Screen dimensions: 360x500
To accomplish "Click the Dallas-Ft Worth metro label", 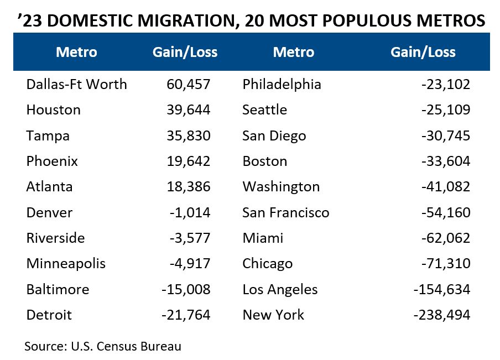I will (x=76, y=85).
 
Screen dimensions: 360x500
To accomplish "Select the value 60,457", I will (x=188, y=85).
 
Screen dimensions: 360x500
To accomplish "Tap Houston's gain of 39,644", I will (x=188, y=110).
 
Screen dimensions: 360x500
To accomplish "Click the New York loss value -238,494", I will (x=441, y=315).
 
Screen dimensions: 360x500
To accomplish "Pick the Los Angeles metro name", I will (x=280, y=290).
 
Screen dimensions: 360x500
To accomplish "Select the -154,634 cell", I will (x=441, y=290).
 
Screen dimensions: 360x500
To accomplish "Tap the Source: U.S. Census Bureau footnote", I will (x=102, y=347).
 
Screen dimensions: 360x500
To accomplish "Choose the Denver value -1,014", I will (x=190, y=213).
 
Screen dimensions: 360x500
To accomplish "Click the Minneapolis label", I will (x=65, y=264).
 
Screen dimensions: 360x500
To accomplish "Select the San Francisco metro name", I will (x=285, y=213).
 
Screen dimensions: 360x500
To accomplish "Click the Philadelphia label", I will (x=282, y=85).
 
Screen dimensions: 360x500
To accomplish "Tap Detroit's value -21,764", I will (x=186, y=315).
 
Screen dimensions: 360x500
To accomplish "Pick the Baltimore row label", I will (x=58, y=290).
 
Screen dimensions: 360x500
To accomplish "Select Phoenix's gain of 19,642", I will (x=188, y=161).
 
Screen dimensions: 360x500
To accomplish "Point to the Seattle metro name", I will (x=264, y=110).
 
